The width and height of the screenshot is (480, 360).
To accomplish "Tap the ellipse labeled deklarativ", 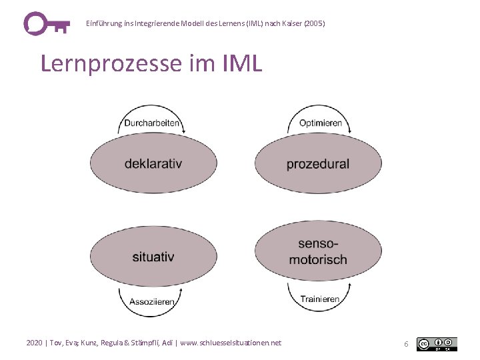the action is [x=153, y=163].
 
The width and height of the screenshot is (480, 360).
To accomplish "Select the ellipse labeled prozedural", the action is [x=318, y=163].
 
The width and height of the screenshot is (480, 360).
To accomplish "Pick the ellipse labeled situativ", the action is [x=153, y=256].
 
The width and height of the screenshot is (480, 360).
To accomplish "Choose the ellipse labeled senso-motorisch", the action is [x=318, y=252].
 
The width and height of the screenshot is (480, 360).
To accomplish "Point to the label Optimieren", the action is [x=321, y=123].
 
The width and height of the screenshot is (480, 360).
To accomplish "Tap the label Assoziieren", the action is [x=153, y=301].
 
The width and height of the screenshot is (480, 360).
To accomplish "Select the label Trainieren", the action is [x=320, y=299].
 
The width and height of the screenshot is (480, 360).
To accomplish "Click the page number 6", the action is [x=405, y=344].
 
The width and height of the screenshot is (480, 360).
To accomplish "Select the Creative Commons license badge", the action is [x=437, y=344].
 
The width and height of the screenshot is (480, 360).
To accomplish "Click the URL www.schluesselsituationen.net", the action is [x=231, y=343].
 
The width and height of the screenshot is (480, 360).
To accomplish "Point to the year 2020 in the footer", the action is [x=34, y=343].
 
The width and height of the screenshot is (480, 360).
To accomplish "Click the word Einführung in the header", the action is [x=103, y=23].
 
